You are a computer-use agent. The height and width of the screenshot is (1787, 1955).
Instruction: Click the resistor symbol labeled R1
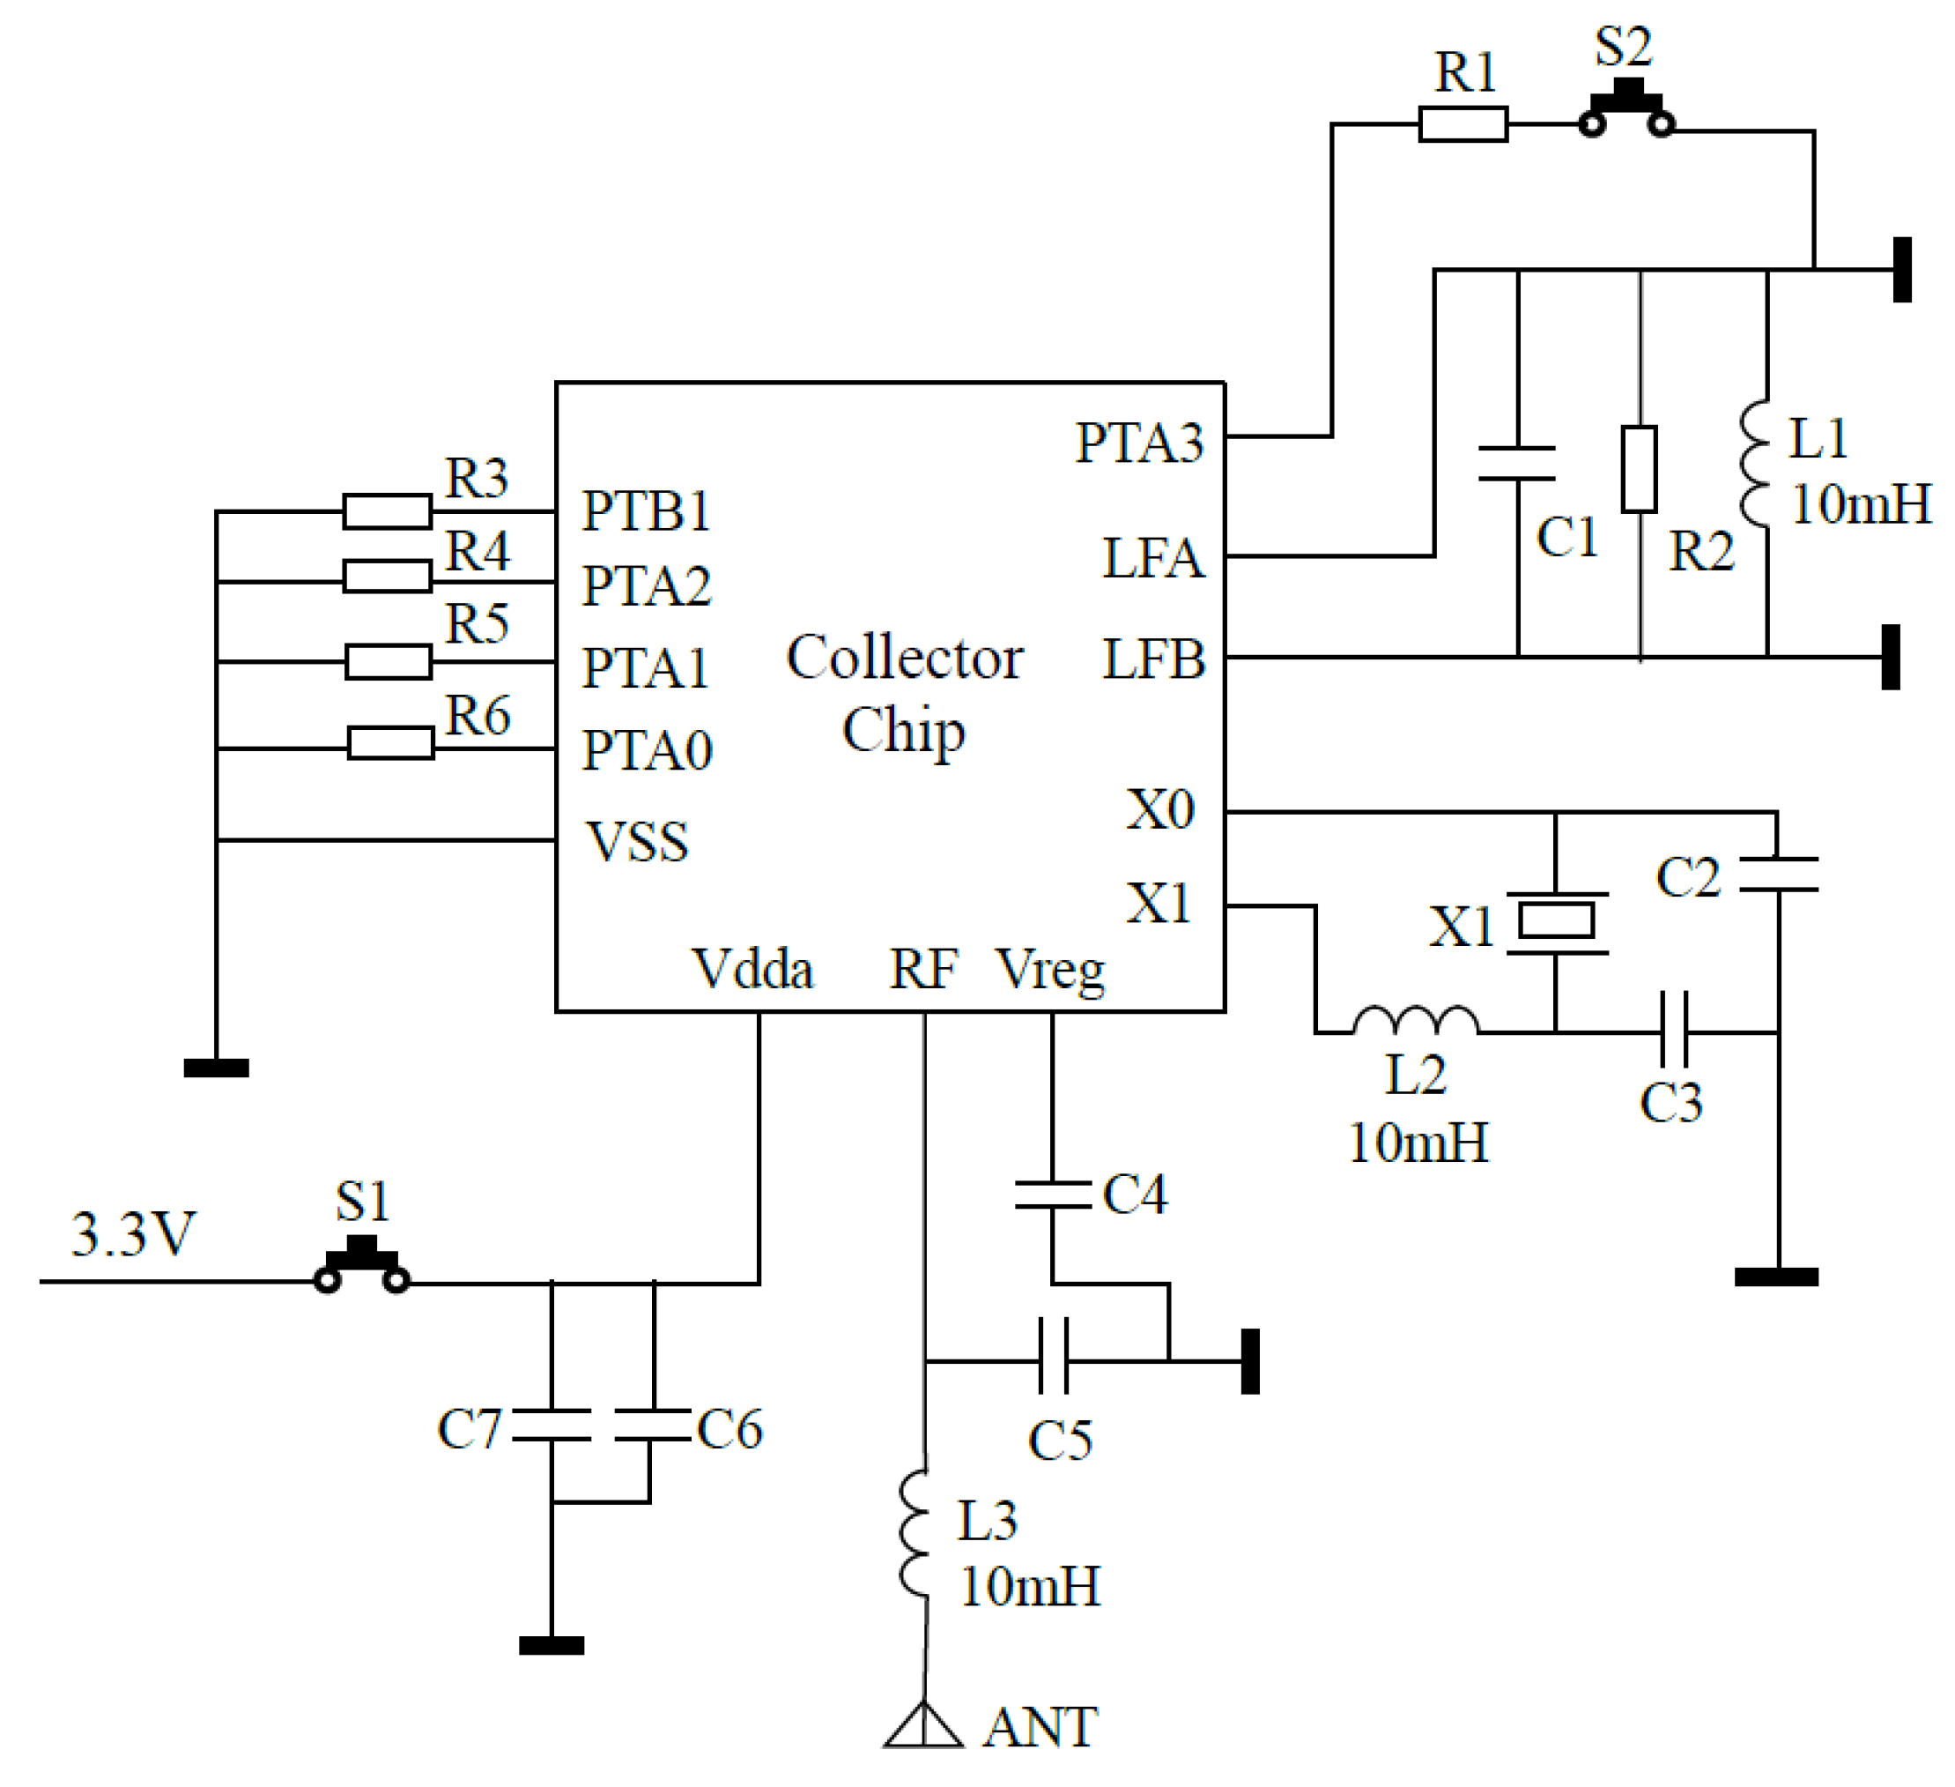point(1463,124)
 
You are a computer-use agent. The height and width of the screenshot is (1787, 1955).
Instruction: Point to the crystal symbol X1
point(1556,921)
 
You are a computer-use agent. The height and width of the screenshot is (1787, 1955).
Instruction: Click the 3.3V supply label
point(133,1235)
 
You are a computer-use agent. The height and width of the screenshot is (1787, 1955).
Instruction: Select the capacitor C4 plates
point(1052,1195)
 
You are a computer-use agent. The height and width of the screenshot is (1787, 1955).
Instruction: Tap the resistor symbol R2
point(1639,469)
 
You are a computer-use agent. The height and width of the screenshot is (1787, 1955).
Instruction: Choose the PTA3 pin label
point(1139,443)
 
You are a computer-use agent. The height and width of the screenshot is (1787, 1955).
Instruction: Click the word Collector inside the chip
point(904,659)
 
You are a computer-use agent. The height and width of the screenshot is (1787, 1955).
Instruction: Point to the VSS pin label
point(637,842)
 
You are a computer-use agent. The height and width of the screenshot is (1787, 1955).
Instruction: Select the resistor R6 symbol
point(391,743)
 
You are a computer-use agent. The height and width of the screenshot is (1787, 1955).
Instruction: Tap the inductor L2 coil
point(1415,1021)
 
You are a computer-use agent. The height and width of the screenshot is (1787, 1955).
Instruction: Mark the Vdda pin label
point(752,969)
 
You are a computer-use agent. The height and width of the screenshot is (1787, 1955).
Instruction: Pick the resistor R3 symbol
point(387,511)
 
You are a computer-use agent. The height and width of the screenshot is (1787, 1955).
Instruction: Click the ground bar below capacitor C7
point(551,1645)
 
